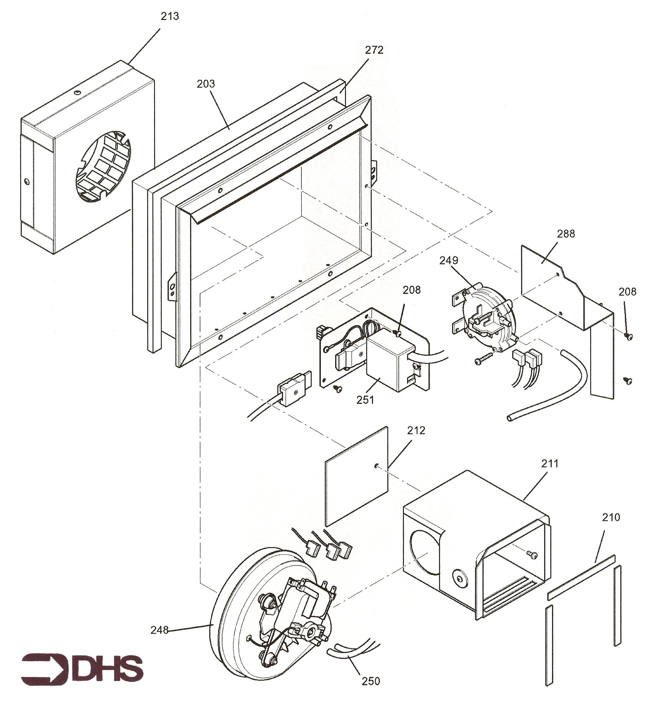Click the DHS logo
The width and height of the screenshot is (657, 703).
click(x=82, y=667)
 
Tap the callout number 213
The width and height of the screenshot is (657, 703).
click(x=170, y=16)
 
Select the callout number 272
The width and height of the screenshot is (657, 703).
click(x=374, y=50)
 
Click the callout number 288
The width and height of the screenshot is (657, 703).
click(x=566, y=233)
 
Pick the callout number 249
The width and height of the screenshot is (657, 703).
click(x=449, y=260)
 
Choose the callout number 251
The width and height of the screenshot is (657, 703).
click(x=365, y=399)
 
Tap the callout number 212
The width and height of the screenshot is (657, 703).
click(x=416, y=430)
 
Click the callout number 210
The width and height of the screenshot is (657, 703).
click(x=611, y=517)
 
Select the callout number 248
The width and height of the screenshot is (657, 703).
click(x=160, y=630)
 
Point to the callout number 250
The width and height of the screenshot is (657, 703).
click(x=370, y=681)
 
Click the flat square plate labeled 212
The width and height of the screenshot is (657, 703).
click(x=356, y=476)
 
